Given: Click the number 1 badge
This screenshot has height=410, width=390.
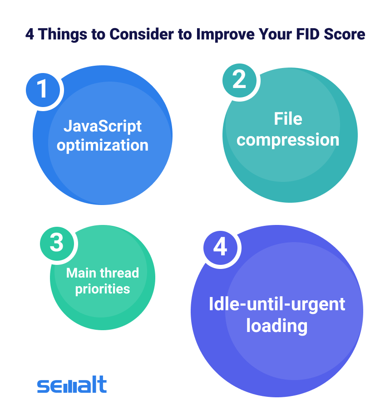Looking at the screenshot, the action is (x=43, y=90).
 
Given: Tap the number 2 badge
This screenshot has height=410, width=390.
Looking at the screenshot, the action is (x=240, y=81).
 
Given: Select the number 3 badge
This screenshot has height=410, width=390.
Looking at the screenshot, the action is (x=57, y=244).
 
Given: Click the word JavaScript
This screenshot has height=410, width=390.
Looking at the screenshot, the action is (x=103, y=127).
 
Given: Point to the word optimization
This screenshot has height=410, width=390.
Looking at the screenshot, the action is (x=103, y=146).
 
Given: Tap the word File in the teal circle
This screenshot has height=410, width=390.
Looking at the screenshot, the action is (x=288, y=119).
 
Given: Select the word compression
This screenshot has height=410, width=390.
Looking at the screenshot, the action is (x=288, y=140).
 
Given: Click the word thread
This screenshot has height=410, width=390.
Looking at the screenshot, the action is (x=119, y=273).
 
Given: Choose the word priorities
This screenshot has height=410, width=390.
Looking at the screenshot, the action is (x=103, y=289).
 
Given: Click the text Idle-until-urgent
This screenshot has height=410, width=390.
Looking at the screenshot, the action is (x=277, y=304).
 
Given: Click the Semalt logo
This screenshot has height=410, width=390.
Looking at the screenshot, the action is (x=72, y=385).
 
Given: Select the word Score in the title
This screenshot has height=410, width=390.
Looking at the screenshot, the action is (x=344, y=34).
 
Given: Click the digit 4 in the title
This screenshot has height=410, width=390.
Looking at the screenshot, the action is (x=30, y=34).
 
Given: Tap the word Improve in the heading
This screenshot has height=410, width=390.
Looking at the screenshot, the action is (x=225, y=34).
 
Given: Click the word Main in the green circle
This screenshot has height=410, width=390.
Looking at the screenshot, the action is (x=81, y=273).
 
